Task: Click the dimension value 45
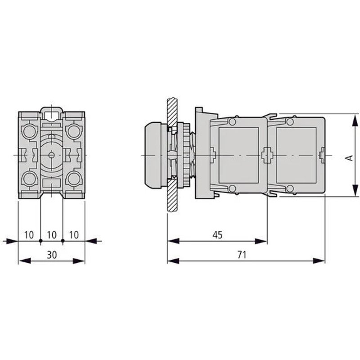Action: (217, 234)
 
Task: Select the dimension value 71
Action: (242, 254)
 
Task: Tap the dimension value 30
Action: (52, 254)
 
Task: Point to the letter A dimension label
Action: (348, 157)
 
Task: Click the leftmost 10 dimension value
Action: (29, 234)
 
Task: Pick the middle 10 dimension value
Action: (52, 234)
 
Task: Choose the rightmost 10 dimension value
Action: (74, 234)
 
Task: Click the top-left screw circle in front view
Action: (29, 131)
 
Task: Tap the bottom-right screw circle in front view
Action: (73, 179)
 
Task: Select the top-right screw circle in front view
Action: (73, 131)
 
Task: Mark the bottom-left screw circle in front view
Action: (29, 179)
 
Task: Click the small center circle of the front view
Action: (51, 155)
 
